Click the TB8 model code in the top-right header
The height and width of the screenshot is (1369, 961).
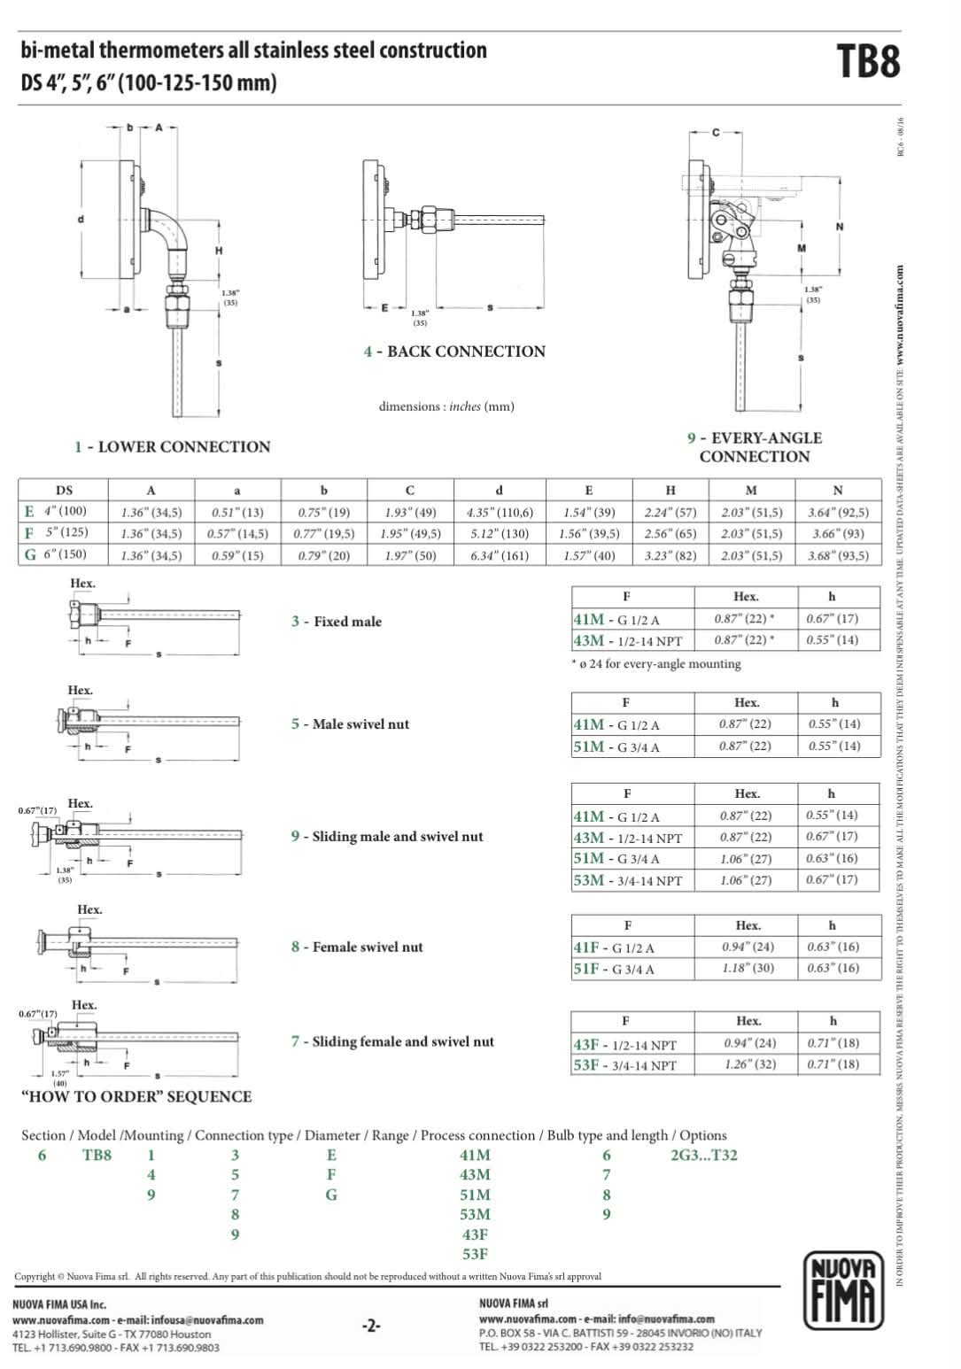pyautogui.click(x=867, y=62)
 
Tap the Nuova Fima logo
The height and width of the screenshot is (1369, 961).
pyautogui.click(x=844, y=1290)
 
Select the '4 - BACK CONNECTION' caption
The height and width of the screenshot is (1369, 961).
pyautogui.click(x=454, y=352)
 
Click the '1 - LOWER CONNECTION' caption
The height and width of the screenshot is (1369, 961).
pyautogui.click(x=172, y=447)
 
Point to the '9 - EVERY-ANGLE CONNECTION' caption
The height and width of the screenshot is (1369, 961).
pyautogui.click(x=755, y=447)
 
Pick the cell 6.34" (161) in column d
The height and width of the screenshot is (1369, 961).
pyautogui.click(x=499, y=555)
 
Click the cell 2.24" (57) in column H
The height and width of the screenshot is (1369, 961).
pyautogui.click(x=670, y=512)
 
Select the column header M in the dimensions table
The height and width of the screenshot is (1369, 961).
pyautogui.click(x=750, y=490)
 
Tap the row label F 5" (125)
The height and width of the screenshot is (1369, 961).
pyautogui.click(x=56, y=533)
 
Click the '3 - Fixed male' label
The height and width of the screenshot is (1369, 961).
pyautogui.click(x=337, y=622)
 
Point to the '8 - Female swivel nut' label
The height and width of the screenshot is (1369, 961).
pyautogui.click(x=357, y=947)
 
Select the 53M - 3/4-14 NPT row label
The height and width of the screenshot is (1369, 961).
pyautogui.click(x=628, y=880)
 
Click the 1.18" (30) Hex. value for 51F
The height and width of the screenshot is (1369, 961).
pyautogui.click(x=748, y=968)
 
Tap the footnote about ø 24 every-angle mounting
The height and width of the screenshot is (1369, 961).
pyautogui.click(x=656, y=663)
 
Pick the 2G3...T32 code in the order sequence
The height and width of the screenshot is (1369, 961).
pyautogui.click(x=704, y=1155)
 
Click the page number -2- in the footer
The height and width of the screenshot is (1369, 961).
pyautogui.click(x=371, y=1326)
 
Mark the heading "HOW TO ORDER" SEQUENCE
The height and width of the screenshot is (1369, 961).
pyautogui.click(x=136, y=1096)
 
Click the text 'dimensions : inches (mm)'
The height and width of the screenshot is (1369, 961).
pyautogui.click(x=446, y=406)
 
